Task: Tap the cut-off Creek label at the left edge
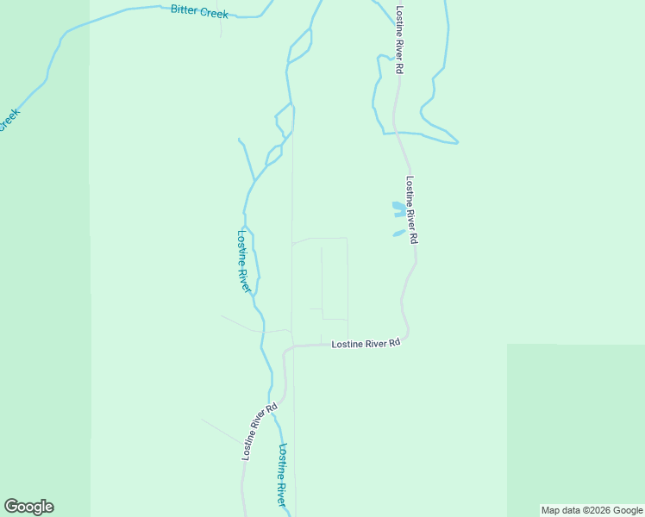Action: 9,119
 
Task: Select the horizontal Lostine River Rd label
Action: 366,343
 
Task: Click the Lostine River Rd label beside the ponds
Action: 411,209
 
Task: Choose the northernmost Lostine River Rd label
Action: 399,39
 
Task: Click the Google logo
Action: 28,507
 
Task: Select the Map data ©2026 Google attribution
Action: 592,510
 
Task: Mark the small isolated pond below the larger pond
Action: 398,233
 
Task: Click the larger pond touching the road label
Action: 398,209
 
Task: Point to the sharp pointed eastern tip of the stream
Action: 457,142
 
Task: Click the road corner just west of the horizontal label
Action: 286,349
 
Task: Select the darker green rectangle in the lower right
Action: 575,427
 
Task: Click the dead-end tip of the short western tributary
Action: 239,138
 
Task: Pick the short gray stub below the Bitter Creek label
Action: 221,28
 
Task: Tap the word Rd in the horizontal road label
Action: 395,343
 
